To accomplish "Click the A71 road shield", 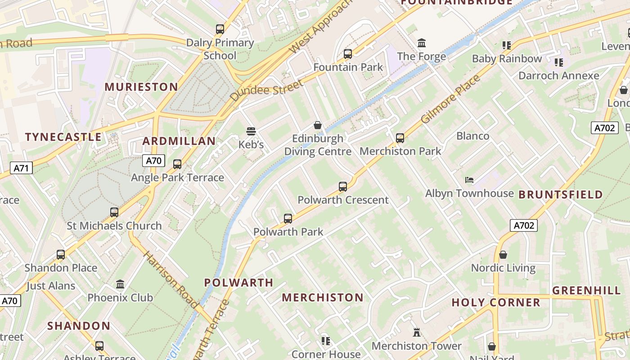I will tap(21, 168).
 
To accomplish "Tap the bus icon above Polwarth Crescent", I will tap(343, 186).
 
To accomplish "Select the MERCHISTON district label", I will tap(322, 297).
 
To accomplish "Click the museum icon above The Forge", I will tap(422, 43).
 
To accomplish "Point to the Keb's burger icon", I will tap(251, 131).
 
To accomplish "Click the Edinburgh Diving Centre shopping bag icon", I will tap(318, 125).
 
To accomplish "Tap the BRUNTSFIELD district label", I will tap(561, 194).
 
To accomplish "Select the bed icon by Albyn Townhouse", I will tap(469, 180).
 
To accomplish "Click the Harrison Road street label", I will tap(171, 280).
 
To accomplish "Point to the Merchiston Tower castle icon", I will tap(417, 333).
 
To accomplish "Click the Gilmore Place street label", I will tap(450, 100).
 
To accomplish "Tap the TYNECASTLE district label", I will tap(63, 137).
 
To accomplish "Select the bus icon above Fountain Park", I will tap(348, 54).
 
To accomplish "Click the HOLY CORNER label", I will tap(496, 302).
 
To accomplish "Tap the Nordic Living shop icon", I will tap(503, 255).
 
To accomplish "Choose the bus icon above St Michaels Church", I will tap(114, 212).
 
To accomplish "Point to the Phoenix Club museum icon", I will tap(120, 284).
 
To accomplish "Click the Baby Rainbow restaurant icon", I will tap(507, 45).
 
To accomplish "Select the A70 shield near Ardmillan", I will tap(153, 161).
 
